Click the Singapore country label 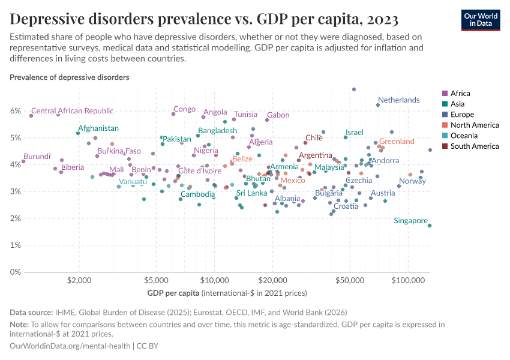point(410,221)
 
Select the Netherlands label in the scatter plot point(398,100)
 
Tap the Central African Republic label point(72,110)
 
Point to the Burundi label point(37,157)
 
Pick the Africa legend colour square point(445,93)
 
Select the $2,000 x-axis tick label point(79,280)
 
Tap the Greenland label point(397,142)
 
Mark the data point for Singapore point(430,226)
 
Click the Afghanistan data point point(78,133)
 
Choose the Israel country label point(355,132)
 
